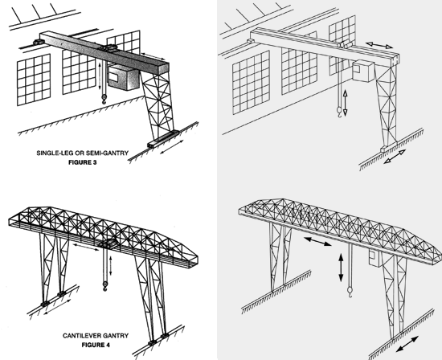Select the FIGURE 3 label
click(83, 162)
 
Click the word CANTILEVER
click(80, 336)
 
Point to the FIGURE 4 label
click(96, 345)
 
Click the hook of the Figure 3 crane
click(104, 99)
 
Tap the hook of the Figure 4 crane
click(104, 286)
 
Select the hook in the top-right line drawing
click(339, 112)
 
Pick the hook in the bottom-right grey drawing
click(350, 292)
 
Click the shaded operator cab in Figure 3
click(123, 77)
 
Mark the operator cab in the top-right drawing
click(362, 71)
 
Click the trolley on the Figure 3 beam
click(108, 47)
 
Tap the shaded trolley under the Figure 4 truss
click(108, 243)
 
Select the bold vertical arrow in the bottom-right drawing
click(341, 268)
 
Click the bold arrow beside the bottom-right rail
click(407, 344)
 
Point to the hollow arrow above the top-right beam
click(379, 45)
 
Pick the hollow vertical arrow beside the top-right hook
click(346, 103)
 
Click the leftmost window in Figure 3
click(34, 80)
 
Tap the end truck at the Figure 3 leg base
click(163, 139)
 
